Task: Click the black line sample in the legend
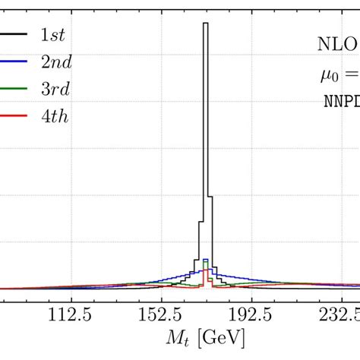[14, 34]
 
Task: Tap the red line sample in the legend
[14, 115]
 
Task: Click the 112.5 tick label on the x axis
[71, 314]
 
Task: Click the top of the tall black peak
[205, 24]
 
